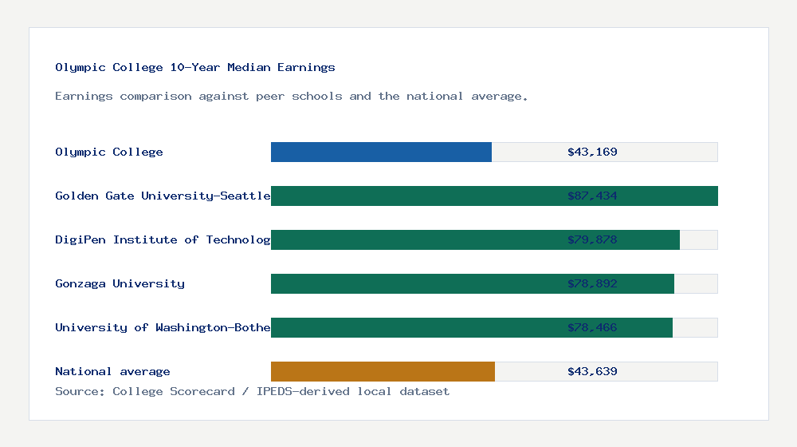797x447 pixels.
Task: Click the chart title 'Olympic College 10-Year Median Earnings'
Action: tap(195, 68)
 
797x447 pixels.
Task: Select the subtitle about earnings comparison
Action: tap(292, 97)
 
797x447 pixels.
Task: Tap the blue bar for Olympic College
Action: tap(381, 152)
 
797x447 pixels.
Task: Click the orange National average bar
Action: tap(383, 371)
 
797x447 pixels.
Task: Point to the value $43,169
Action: tap(592, 152)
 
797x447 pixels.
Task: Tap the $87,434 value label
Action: tap(592, 196)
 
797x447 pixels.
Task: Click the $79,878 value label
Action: tap(592, 239)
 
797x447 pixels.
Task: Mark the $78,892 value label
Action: tap(592, 283)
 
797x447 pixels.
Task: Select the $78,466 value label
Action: tap(592, 327)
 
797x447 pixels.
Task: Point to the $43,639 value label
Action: tap(592, 371)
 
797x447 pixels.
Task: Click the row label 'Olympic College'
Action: tap(109, 152)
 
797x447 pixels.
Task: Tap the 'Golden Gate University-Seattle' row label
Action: tap(163, 196)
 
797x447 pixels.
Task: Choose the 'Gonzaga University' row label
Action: tap(120, 283)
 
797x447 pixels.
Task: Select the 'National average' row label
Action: tap(112, 371)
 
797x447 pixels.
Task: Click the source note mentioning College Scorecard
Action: tap(252, 391)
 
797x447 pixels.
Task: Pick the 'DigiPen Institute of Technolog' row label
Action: tap(163, 239)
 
